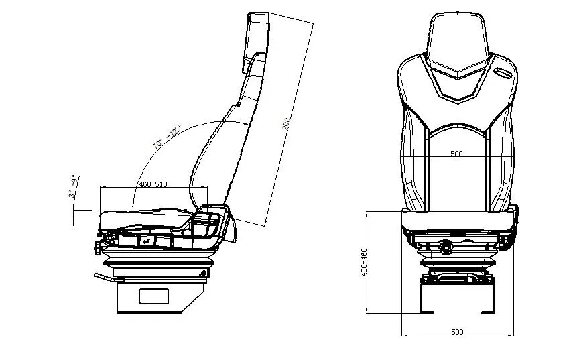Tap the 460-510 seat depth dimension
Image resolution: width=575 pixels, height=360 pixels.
[152, 184]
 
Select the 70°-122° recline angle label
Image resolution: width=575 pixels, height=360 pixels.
[167, 136]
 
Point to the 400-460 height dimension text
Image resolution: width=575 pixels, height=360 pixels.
[365, 262]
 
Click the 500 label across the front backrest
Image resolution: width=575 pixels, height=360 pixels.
[456, 154]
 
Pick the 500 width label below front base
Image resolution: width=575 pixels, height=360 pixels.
[456, 332]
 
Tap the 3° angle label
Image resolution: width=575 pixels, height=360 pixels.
[70, 194]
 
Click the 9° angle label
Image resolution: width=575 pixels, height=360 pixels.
[74, 180]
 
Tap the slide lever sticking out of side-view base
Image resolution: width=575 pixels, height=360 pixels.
[104, 278]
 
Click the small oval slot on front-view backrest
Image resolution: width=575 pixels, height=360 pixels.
[502, 70]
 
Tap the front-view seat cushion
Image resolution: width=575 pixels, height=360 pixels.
[458, 219]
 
